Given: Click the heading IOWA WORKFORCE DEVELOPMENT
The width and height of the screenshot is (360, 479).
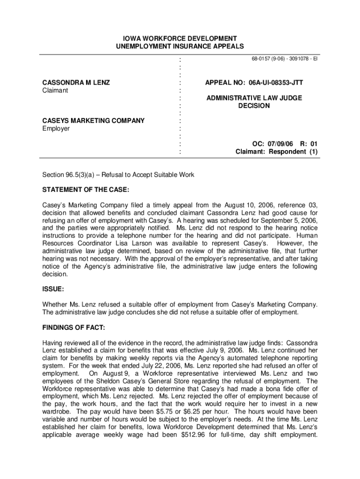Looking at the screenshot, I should (180, 38).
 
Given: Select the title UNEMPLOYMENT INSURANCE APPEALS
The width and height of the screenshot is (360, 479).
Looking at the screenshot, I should (180, 46).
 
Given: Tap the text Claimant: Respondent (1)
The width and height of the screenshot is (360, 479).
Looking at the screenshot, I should (276, 152).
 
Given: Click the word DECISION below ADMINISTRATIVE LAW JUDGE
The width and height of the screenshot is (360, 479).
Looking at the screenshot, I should (254, 106).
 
